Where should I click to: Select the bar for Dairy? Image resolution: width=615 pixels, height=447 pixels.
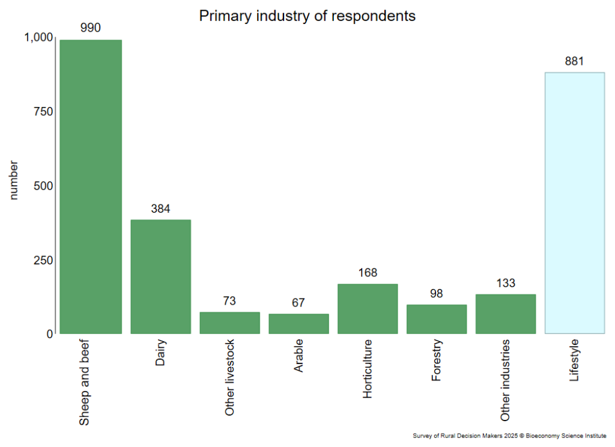pos(160,276)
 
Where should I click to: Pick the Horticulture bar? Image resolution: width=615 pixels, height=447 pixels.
pos(368,308)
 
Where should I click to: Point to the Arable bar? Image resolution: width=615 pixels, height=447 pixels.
pos(298,323)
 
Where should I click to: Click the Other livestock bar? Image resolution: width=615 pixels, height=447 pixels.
pos(229,323)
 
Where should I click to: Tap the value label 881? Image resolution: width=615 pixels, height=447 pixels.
pos(574,61)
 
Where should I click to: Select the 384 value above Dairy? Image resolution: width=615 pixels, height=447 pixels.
pos(160,208)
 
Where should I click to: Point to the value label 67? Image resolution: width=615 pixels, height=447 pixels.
pos(298,302)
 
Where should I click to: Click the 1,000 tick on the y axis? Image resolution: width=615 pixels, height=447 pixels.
pos(38,37)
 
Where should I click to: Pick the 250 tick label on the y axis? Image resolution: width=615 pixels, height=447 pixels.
pos(43,260)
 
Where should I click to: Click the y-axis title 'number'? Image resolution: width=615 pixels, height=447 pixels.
pos(14,180)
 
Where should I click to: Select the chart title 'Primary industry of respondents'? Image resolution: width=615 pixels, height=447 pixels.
pos(307,16)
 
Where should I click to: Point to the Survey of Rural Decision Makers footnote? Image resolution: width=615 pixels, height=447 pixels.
pos(509,436)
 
